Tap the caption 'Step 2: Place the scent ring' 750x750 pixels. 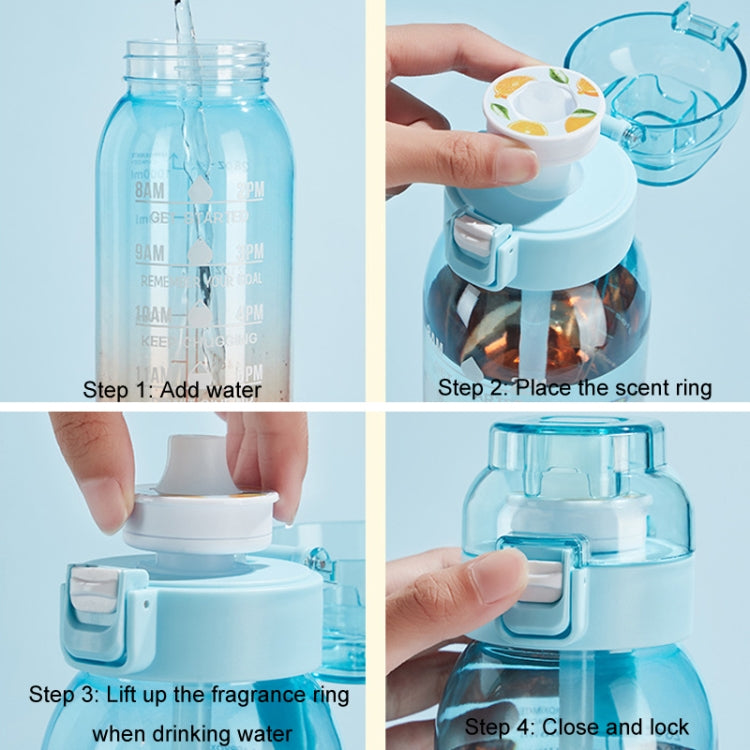[574, 387]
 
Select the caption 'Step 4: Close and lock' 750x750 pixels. [576, 726]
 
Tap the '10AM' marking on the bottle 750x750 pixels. [152, 316]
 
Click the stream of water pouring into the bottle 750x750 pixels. [186, 40]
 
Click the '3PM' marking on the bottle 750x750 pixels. [250, 252]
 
